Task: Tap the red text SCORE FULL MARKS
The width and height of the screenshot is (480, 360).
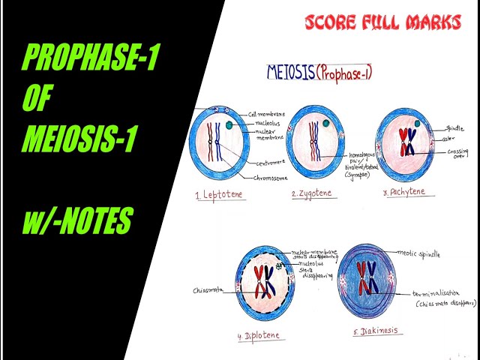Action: pos(382,23)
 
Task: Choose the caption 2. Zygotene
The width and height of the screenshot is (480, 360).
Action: pos(311,193)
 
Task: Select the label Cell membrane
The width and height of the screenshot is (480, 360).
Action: pos(268,113)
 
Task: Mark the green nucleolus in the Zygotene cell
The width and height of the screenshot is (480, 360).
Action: pos(328,124)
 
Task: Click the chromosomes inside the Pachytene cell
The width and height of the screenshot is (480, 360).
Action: pos(406,140)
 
